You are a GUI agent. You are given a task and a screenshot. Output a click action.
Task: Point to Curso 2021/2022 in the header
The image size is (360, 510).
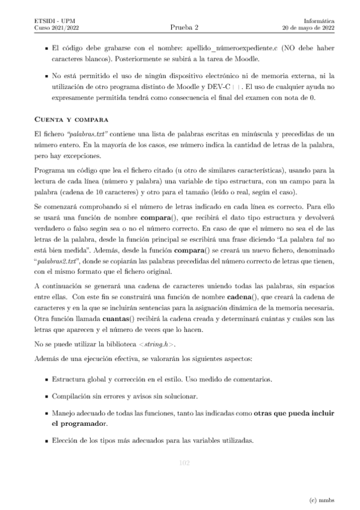point(57,28)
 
